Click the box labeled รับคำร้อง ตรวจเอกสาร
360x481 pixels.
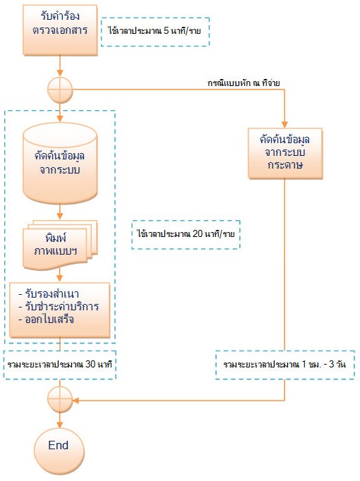point(60,30)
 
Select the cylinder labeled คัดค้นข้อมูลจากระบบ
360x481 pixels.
point(60,163)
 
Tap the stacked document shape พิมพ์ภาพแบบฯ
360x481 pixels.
point(60,245)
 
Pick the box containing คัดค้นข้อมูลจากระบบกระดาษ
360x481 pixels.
point(285,153)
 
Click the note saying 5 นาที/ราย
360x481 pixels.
point(155,32)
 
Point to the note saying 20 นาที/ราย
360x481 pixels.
point(186,234)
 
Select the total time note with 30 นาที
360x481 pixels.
point(60,365)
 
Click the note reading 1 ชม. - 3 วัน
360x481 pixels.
point(284,365)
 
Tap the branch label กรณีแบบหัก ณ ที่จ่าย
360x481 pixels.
point(244,83)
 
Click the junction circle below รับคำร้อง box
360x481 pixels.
point(60,90)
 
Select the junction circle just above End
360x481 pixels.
point(60,400)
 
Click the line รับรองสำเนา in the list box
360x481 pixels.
point(49,294)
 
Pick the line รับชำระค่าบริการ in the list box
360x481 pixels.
point(59,307)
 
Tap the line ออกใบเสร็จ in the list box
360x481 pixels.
point(46,319)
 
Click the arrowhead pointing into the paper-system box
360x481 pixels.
point(284,125)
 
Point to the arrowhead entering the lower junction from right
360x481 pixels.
point(76,400)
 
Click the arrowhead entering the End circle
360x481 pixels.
point(60,425)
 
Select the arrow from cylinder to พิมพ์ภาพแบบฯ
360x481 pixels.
point(60,212)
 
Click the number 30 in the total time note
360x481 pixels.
point(90,365)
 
